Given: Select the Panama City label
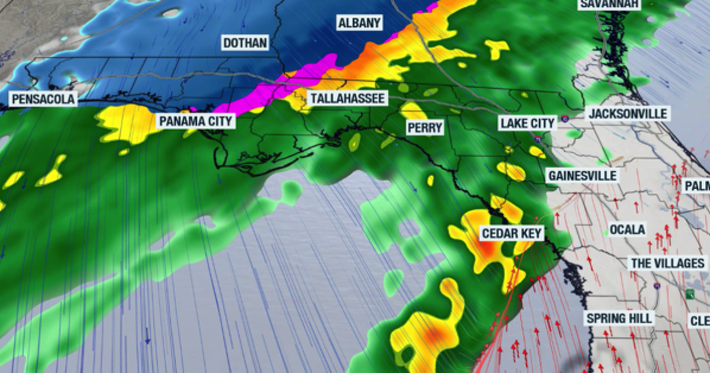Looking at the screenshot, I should [196, 121].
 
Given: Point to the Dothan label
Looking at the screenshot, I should [245, 43].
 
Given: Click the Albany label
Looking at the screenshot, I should [360, 23].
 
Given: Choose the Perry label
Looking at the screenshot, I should [424, 127].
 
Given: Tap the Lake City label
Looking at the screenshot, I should [527, 123].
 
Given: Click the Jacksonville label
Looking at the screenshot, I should [628, 113].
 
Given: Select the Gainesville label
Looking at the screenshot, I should [582, 176].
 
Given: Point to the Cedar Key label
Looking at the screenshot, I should [512, 233].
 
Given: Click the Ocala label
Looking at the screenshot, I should [627, 230].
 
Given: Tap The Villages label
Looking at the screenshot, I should [668, 263].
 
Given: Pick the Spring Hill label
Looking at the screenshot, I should [619, 319].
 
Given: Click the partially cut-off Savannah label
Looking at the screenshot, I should [609, 5].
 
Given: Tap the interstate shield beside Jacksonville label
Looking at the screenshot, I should [566, 118].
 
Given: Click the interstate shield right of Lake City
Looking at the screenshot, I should [537, 137].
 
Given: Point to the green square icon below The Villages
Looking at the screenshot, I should [689, 294].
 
